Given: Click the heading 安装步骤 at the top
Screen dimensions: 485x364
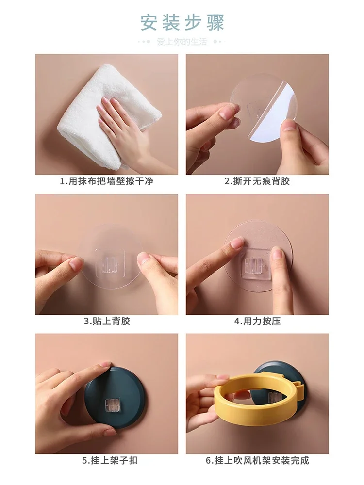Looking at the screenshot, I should [182, 22].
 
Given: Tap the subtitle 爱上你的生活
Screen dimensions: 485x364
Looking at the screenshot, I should [182, 42].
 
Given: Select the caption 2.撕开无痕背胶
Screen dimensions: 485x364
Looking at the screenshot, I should [257, 181].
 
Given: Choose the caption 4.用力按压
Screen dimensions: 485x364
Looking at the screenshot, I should [257, 321].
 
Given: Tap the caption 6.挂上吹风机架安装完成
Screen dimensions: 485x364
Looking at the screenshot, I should [257, 460].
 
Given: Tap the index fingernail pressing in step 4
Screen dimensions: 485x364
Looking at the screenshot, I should [237, 242].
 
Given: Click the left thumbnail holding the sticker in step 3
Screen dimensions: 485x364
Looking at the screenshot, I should [76, 263].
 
